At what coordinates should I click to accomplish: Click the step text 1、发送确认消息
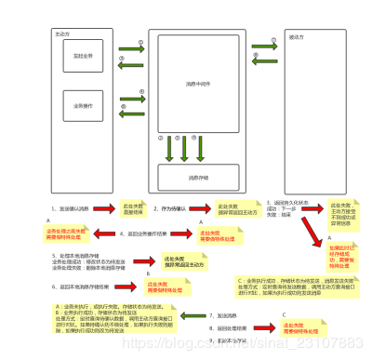click(x=75, y=208)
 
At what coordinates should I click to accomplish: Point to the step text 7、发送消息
click(x=223, y=315)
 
